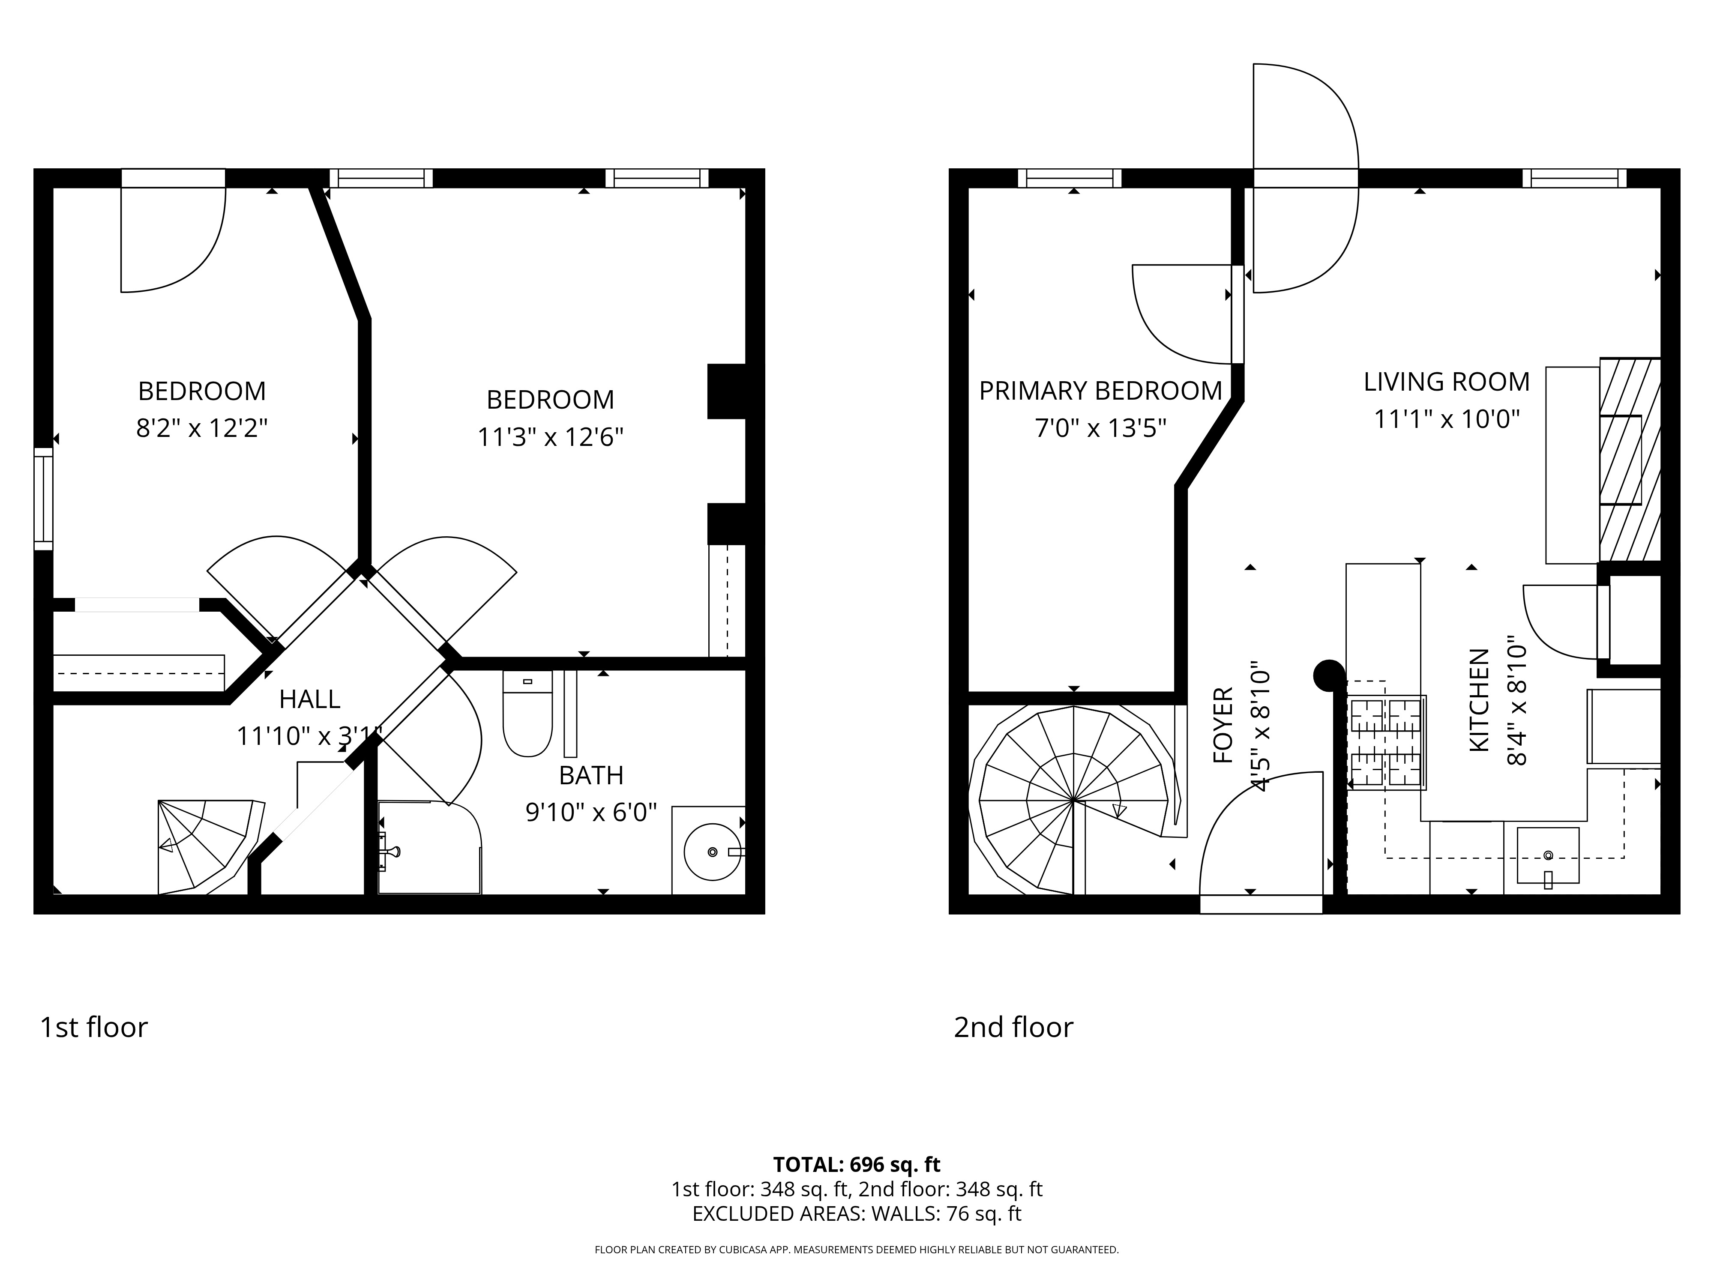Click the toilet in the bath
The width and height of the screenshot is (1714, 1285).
coord(527,713)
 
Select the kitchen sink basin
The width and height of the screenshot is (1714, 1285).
coord(1547,855)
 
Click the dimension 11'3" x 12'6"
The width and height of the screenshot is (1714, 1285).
coord(550,438)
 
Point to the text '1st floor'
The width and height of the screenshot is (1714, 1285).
coord(94,1027)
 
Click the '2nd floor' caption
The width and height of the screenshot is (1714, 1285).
coord(1013,1027)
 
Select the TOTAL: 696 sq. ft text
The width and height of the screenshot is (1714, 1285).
coord(857,1164)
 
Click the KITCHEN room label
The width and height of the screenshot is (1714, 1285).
coord(1479,699)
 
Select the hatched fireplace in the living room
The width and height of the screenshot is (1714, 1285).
coord(1630,459)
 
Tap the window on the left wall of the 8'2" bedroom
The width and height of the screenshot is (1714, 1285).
coord(43,499)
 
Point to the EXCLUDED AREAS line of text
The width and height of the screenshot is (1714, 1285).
coord(857,1214)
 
